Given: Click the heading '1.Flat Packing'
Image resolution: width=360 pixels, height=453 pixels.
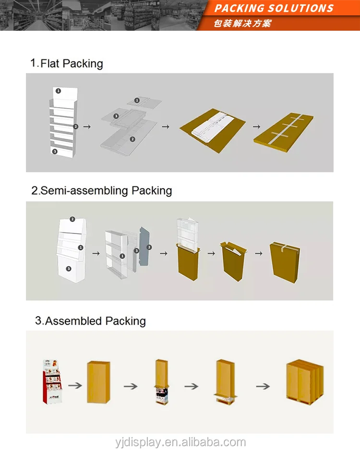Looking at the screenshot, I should point(67,63).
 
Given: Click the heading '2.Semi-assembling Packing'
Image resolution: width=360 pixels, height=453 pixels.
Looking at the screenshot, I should point(101,190).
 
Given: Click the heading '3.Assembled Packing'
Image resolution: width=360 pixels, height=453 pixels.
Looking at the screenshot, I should point(90,321).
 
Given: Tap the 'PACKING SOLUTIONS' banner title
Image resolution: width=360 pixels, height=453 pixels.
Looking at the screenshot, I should point(274,8).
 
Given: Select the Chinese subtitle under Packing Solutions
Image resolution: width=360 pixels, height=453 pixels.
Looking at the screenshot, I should point(242,23).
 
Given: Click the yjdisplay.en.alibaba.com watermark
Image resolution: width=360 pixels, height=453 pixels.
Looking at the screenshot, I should point(180,442).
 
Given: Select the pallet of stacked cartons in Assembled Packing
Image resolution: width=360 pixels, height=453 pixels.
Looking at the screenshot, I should point(304,381).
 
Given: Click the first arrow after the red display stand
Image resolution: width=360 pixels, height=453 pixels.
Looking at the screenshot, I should point(74,385).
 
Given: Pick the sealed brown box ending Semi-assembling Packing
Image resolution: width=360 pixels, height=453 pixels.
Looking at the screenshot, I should point(285,259).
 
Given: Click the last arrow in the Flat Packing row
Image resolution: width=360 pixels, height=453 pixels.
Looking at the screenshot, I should point(256,127).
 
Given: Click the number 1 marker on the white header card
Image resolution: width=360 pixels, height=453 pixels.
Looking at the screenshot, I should point(58,90).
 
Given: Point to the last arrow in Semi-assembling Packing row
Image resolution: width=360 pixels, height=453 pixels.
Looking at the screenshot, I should point(258,253).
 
